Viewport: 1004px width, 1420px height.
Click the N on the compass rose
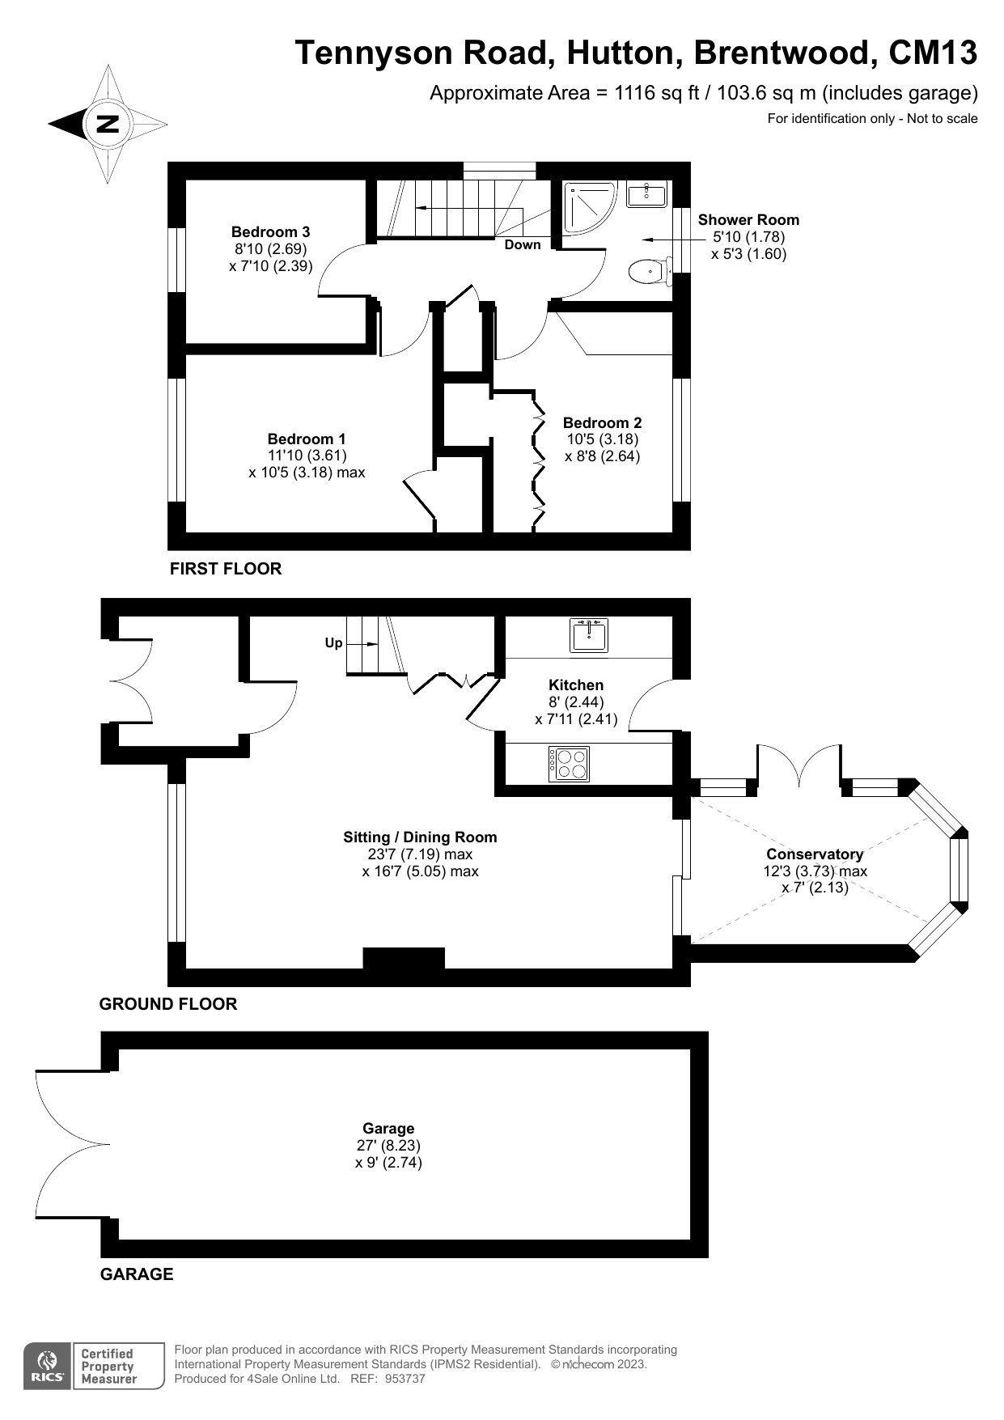point(108,124)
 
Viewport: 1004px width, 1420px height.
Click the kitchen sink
point(589,635)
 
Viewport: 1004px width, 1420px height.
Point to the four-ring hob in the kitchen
point(570,763)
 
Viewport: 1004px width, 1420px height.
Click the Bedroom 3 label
point(270,232)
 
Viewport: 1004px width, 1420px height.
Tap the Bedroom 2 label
point(603,422)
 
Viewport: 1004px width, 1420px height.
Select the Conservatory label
point(815,854)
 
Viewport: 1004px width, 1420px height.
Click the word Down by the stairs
point(523,244)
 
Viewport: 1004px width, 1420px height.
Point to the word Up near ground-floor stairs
point(333,643)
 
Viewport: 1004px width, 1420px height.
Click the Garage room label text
point(388,1129)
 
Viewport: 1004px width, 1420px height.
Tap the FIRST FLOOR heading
point(226,569)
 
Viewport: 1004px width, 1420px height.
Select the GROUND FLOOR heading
point(168,1004)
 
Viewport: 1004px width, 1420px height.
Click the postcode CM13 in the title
point(933,53)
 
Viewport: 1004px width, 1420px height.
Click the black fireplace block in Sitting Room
point(404,958)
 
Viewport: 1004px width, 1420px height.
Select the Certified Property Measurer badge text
point(108,1367)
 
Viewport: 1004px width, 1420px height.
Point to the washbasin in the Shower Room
point(647,194)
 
